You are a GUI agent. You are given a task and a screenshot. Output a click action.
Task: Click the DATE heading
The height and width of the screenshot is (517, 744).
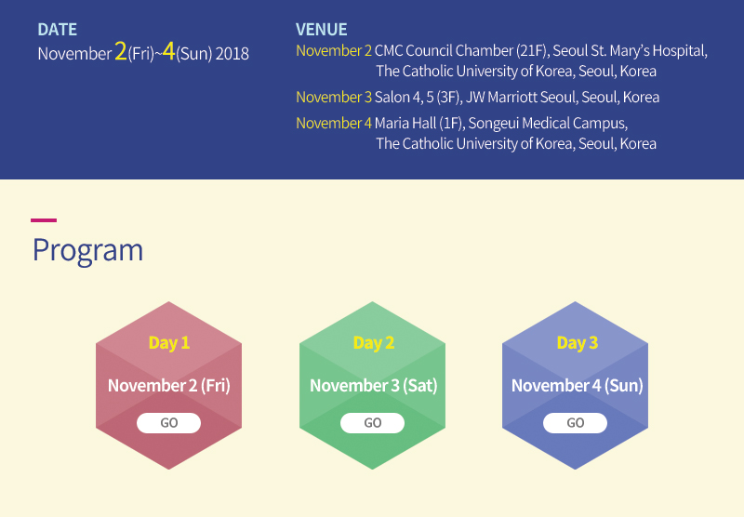click(57, 30)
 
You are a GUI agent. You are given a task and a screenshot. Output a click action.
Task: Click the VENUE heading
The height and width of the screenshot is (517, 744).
click(321, 30)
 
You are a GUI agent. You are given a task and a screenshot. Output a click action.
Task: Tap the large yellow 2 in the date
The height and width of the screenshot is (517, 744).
click(121, 51)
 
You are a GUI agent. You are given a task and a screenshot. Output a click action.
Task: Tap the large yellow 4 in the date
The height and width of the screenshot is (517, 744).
click(168, 51)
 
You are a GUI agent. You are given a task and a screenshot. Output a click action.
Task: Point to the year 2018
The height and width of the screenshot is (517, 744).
click(232, 54)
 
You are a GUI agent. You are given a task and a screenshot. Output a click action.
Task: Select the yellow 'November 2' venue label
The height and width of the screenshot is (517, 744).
click(334, 51)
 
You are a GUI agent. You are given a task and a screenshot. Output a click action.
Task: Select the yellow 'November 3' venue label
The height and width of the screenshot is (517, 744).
click(334, 98)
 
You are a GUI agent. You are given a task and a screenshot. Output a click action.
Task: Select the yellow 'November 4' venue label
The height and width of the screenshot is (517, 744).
click(334, 124)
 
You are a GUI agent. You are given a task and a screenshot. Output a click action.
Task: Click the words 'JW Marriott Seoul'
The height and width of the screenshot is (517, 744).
click(521, 98)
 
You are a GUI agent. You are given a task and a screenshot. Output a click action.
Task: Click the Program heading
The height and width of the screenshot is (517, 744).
click(87, 250)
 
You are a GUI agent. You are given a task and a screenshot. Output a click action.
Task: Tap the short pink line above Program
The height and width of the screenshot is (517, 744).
click(44, 220)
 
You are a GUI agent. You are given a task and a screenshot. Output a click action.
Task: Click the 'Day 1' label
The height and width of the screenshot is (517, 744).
click(169, 342)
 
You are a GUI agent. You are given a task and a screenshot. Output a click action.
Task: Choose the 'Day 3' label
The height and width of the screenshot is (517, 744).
click(577, 342)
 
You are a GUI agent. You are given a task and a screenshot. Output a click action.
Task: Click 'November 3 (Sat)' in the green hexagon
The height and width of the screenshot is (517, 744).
click(374, 385)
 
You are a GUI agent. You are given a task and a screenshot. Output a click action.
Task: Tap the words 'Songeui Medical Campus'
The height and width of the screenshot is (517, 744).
click(547, 124)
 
